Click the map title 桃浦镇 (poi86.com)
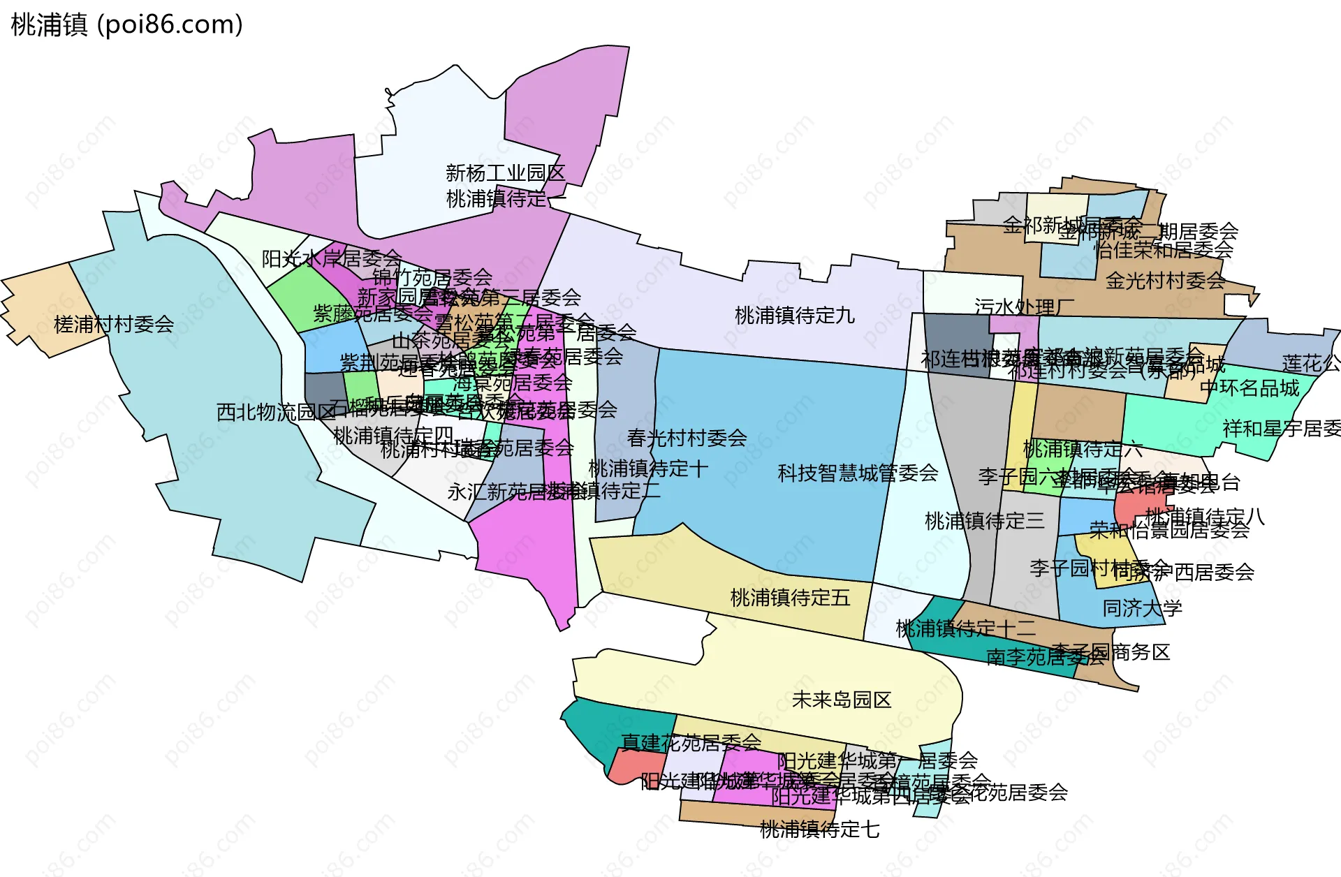(x=127, y=25)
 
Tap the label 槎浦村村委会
(x=114, y=324)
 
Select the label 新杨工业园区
(x=505, y=172)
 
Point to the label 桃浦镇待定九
(x=795, y=316)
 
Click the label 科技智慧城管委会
(x=858, y=473)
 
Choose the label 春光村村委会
(x=687, y=438)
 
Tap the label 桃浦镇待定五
(x=790, y=598)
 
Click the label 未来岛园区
(x=842, y=700)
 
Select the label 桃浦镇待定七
(x=819, y=830)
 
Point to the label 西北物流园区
(x=277, y=412)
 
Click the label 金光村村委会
(x=1165, y=281)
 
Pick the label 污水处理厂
(x=1024, y=307)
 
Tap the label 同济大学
(x=1142, y=608)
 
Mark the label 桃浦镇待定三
(x=984, y=521)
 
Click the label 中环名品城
(x=1250, y=388)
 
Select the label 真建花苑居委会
(x=691, y=742)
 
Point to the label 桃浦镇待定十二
(x=965, y=628)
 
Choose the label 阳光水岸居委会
(x=332, y=259)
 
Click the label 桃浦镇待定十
(x=648, y=469)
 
